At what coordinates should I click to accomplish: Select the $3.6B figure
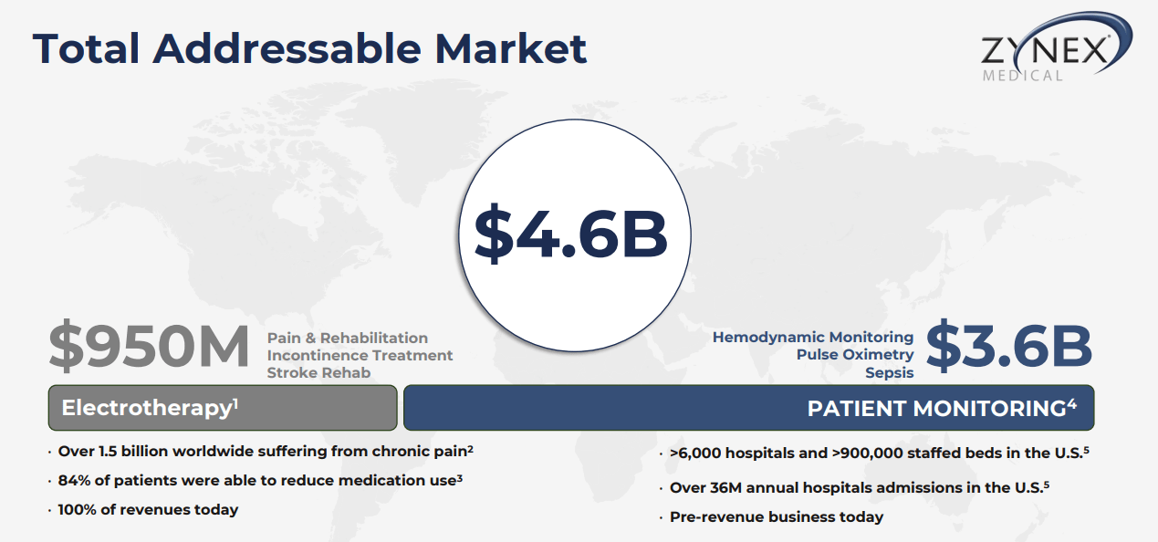pos(1008,347)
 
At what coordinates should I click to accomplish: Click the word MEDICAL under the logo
pos(1023,76)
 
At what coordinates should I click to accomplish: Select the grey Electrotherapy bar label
pos(146,408)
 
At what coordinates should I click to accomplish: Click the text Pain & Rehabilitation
pos(347,339)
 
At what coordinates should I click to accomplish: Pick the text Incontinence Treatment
pos(360,355)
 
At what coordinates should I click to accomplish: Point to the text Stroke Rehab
pos(318,372)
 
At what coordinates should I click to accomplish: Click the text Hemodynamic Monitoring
pos(813,338)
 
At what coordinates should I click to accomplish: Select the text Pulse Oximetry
pos(855,354)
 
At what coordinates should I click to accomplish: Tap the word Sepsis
pos(890,372)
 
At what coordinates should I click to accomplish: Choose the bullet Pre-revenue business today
pos(776,516)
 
